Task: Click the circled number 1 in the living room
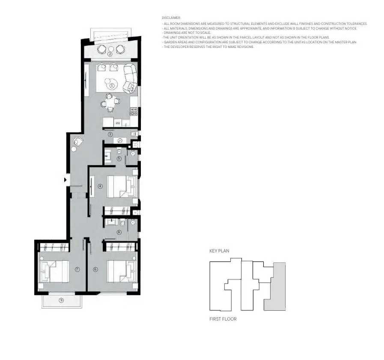coord(112,86)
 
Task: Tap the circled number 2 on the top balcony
coord(110,54)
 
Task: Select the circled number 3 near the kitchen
coord(110,134)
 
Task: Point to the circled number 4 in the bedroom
coord(100,186)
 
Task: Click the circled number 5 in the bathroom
coord(119,159)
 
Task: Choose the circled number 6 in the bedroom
coord(95,269)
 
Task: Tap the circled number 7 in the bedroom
coord(77,269)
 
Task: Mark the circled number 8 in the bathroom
coord(119,232)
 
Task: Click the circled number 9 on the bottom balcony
coord(61,300)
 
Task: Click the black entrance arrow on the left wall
coord(65,180)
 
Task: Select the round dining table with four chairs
coord(110,102)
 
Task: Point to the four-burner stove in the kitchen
coord(134,111)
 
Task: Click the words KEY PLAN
coord(220,251)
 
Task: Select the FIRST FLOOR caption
coord(223,319)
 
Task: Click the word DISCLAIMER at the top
coord(171,18)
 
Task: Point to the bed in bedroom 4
coord(122,186)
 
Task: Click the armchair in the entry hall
coord(78,141)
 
